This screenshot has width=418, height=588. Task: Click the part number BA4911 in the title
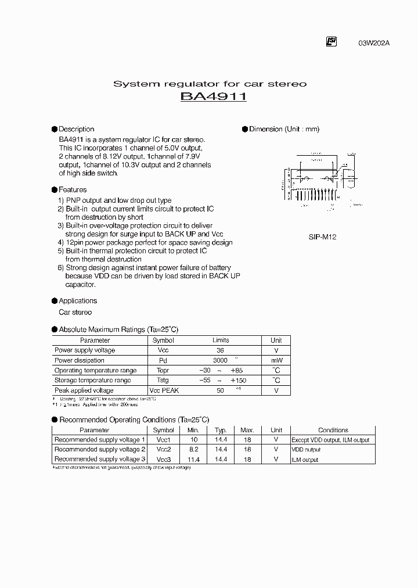tap(214, 97)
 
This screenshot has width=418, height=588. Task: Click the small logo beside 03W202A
tap(331, 41)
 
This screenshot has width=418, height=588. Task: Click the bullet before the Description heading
tap(55, 129)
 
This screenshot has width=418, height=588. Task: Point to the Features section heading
tap(73, 189)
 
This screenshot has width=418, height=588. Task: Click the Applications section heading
tap(78, 300)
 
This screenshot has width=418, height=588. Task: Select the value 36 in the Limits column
tap(221, 350)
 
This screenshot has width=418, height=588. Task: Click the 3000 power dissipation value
tap(221, 360)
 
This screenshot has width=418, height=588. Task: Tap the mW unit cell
tap(276, 360)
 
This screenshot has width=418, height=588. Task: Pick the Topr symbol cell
tap(163, 370)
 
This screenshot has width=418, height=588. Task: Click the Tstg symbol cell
tap(163, 380)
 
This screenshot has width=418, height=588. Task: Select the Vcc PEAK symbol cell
tap(163, 390)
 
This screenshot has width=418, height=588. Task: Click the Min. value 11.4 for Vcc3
tap(193, 460)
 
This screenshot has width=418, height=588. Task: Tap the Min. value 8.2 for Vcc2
tap(193, 450)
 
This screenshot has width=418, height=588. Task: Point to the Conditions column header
tap(333, 430)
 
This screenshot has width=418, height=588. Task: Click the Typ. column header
tap(221, 430)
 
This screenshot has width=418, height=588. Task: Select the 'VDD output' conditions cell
tap(306, 450)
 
